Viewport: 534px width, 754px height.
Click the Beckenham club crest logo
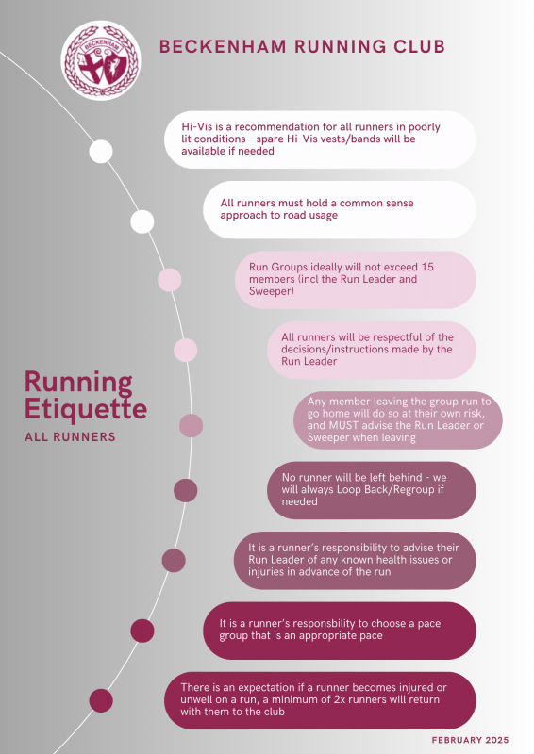click(101, 60)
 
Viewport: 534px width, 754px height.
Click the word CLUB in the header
click(420, 46)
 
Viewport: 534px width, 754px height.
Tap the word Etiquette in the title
click(86, 409)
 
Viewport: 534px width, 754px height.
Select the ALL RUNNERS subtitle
click(71, 436)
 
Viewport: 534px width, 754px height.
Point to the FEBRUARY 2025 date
click(470, 740)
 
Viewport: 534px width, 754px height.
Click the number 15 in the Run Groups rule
click(427, 267)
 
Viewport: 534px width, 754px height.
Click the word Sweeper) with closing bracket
click(271, 291)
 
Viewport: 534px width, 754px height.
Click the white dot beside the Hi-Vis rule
click(101, 152)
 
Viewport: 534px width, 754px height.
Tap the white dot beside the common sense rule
click(142, 221)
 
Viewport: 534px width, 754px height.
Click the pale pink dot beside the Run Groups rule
click(170, 280)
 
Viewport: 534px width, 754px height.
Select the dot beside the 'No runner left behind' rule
click(185, 490)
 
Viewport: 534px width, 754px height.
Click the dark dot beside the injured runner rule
click(101, 700)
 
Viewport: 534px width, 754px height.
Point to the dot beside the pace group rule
click(142, 631)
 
